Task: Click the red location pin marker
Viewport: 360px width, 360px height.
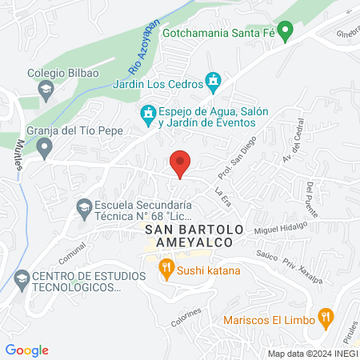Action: [181, 163]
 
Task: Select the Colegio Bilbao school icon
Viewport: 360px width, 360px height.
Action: [45, 88]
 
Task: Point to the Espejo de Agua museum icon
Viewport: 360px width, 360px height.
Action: [148, 117]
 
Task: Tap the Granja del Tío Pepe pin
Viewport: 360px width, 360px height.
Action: [45, 146]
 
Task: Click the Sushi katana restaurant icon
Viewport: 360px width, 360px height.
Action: [166, 268]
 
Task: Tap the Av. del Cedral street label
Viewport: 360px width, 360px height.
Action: [288, 151]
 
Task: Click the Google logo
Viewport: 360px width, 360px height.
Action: [27, 350]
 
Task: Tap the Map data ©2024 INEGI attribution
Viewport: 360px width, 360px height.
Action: [311, 354]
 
